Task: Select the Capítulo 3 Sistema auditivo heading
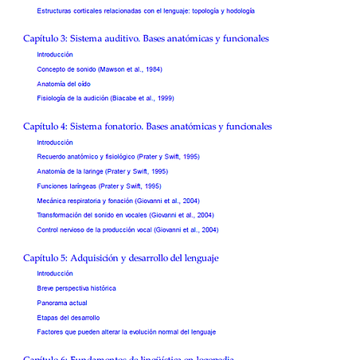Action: (x=146, y=38)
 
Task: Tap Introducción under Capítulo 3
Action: (x=55, y=54)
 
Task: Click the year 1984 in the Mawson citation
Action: (x=153, y=69)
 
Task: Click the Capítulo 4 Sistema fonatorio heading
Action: (x=147, y=126)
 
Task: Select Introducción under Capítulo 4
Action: (x=55, y=142)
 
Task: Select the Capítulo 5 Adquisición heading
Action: (x=121, y=258)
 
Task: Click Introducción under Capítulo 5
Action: (x=55, y=273)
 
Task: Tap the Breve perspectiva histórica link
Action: (x=76, y=288)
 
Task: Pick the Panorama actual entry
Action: (x=62, y=303)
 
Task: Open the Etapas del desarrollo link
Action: (x=68, y=317)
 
